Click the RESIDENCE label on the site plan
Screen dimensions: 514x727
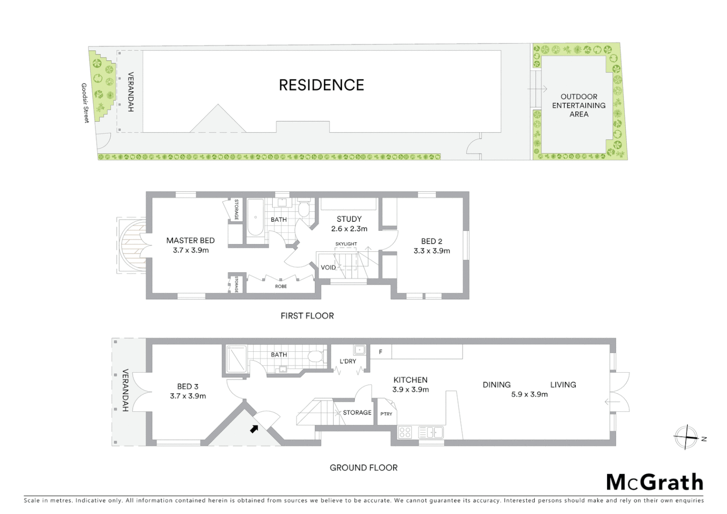pyautogui.click(x=321, y=85)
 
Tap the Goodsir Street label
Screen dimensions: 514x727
pyautogui.click(x=85, y=103)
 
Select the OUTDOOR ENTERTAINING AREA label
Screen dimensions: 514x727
pyautogui.click(x=579, y=105)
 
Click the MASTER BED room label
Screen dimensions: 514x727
pyautogui.click(x=190, y=241)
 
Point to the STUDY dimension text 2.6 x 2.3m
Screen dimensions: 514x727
pyautogui.click(x=349, y=228)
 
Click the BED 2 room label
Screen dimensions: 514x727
pyautogui.click(x=432, y=241)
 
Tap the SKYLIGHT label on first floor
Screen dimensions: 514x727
pyautogui.click(x=346, y=244)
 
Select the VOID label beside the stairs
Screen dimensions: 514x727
pyautogui.click(x=328, y=267)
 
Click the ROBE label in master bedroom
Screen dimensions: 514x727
pyautogui.click(x=281, y=287)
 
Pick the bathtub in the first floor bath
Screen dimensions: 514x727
pyautogui.click(x=256, y=217)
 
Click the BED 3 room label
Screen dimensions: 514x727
pyautogui.click(x=187, y=386)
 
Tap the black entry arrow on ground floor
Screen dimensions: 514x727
pyautogui.click(x=255, y=429)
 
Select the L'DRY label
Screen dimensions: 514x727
pyautogui.click(x=348, y=361)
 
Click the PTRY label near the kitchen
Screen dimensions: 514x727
pyautogui.click(x=386, y=414)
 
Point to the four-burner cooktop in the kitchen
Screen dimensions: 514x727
pyautogui.click(x=405, y=432)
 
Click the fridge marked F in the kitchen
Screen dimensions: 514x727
pyautogui.click(x=381, y=352)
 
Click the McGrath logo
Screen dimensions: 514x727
pyautogui.click(x=654, y=482)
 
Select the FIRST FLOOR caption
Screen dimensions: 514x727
pyautogui.click(x=307, y=316)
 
